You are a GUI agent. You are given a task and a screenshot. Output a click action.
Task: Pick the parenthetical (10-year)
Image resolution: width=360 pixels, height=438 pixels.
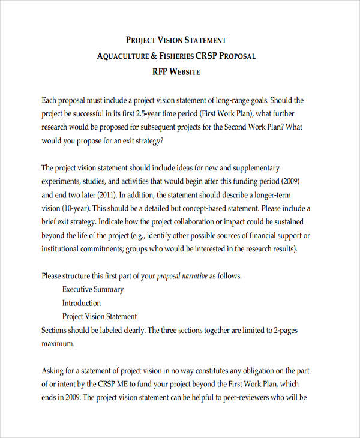(75, 208)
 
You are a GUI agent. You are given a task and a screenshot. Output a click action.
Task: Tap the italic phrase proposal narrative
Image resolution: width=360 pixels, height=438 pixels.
(182, 277)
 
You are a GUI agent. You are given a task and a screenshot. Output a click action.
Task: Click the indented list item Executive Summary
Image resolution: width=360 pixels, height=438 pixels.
(93, 290)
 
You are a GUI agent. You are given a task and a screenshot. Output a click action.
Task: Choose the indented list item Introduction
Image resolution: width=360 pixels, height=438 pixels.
(82, 303)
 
